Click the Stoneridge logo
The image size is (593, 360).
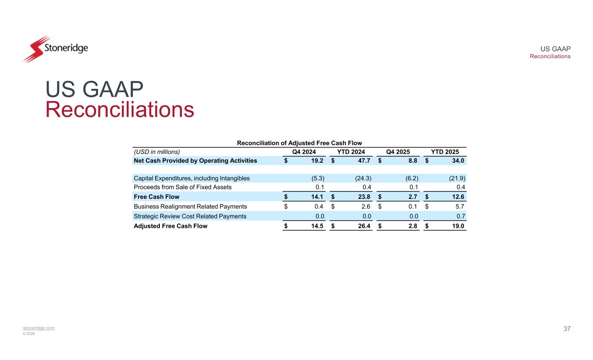pos(55,49)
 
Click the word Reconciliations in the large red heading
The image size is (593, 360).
pos(119,110)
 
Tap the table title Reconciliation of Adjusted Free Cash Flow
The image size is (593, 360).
pos(299,143)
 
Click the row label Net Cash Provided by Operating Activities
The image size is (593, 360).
pos(195,161)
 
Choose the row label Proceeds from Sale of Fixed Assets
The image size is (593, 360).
pos(182,187)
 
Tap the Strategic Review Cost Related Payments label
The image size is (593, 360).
pos(190,216)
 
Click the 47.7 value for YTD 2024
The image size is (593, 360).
pos(364,161)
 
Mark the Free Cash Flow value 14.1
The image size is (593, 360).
pos(317,197)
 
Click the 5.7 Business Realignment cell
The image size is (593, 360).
pos(460,207)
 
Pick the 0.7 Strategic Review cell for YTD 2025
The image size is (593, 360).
pos(460,216)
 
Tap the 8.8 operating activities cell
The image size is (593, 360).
pos(413,161)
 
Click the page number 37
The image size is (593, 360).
pos(567,329)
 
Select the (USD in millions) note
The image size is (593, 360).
pos(157,152)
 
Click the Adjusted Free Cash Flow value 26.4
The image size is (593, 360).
pos(364,226)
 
